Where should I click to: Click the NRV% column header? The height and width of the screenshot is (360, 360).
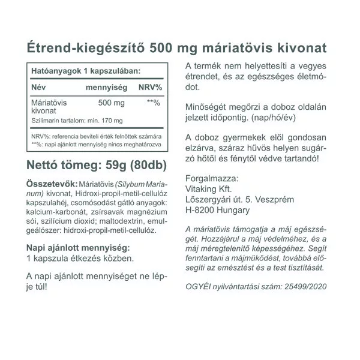click(x=149, y=88)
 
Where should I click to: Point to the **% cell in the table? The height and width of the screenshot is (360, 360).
click(x=154, y=102)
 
